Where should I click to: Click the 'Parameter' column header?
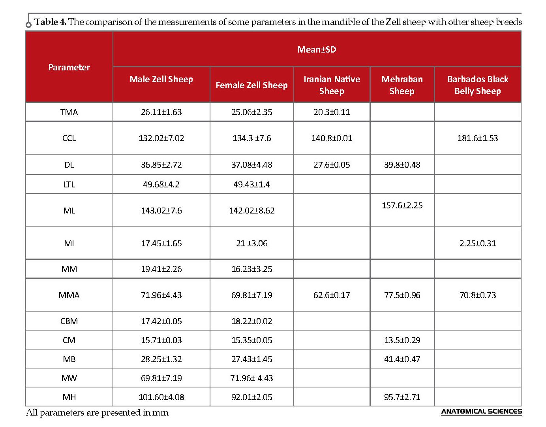pyautogui.click(x=69, y=67)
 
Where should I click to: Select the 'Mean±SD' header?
pyautogui.click(x=317, y=49)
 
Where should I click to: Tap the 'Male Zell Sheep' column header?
pyautogui.click(x=161, y=79)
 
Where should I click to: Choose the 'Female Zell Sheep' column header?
pyautogui.click(x=251, y=85)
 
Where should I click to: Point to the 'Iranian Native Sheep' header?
pyautogui.click(x=332, y=85)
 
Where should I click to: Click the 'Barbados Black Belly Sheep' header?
pyautogui.click(x=478, y=85)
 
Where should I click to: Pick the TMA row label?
pyautogui.click(x=69, y=112)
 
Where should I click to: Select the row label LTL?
pyautogui.click(x=69, y=184)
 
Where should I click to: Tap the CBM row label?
pyautogui.click(x=69, y=321)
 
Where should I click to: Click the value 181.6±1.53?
pyautogui.click(x=477, y=138)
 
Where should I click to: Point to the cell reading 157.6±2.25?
pyautogui.click(x=402, y=205)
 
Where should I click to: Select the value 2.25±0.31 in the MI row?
pyautogui.click(x=478, y=243)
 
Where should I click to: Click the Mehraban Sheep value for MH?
pyautogui.click(x=402, y=397)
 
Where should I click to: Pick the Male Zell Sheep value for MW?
pyautogui.click(x=161, y=378)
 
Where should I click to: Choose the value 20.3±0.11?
pyautogui.click(x=332, y=112)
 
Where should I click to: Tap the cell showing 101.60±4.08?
pyautogui.click(x=161, y=397)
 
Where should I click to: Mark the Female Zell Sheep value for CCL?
pyautogui.click(x=251, y=138)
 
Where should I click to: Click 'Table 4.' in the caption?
pyautogui.click(x=50, y=22)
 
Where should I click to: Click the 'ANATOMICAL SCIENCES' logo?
pyautogui.click(x=481, y=412)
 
